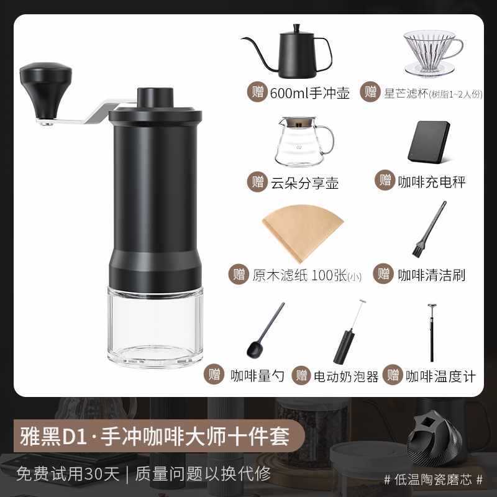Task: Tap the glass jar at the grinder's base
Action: click(x=155, y=326)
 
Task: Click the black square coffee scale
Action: click(x=431, y=140)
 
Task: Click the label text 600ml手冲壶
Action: click(x=310, y=93)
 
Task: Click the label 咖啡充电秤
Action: click(x=433, y=181)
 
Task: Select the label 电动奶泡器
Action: click(x=346, y=376)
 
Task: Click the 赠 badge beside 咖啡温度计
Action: click(x=393, y=376)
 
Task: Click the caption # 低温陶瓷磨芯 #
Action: click(x=432, y=480)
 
